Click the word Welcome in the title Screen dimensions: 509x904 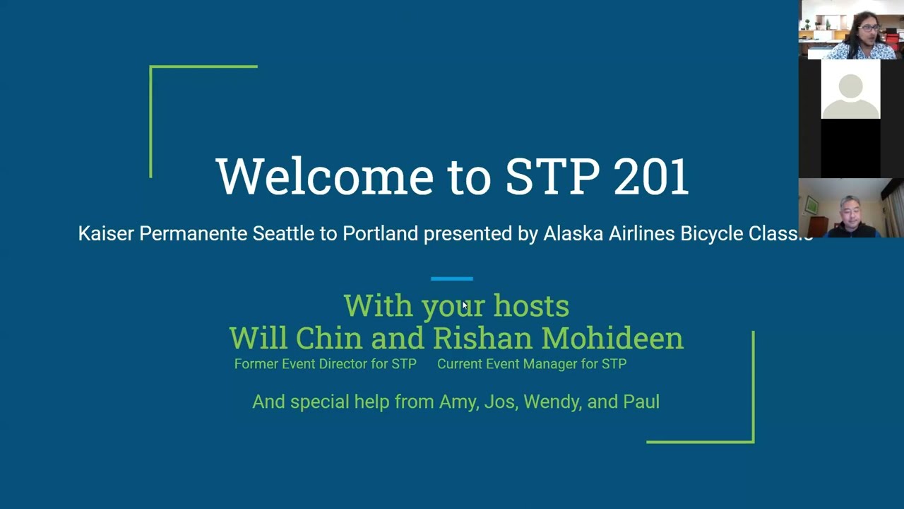click(x=324, y=177)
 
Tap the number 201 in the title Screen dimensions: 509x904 click(x=650, y=177)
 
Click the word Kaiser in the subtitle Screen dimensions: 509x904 click(x=106, y=234)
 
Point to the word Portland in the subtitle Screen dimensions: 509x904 click(x=380, y=234)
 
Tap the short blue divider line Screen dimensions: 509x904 click(x=452, y=279)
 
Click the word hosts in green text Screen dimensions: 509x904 click(x=531, y=306)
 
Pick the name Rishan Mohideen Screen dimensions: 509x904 click(x=558, y=338)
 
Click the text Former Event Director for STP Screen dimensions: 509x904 click(x=325, y=364)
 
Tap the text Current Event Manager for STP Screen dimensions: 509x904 click(x=532, y=364)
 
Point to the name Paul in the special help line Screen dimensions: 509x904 click(x=641, y=402)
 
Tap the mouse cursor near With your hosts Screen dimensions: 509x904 click(x=465, y=306)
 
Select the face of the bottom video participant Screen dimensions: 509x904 click(x=850, y=213)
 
